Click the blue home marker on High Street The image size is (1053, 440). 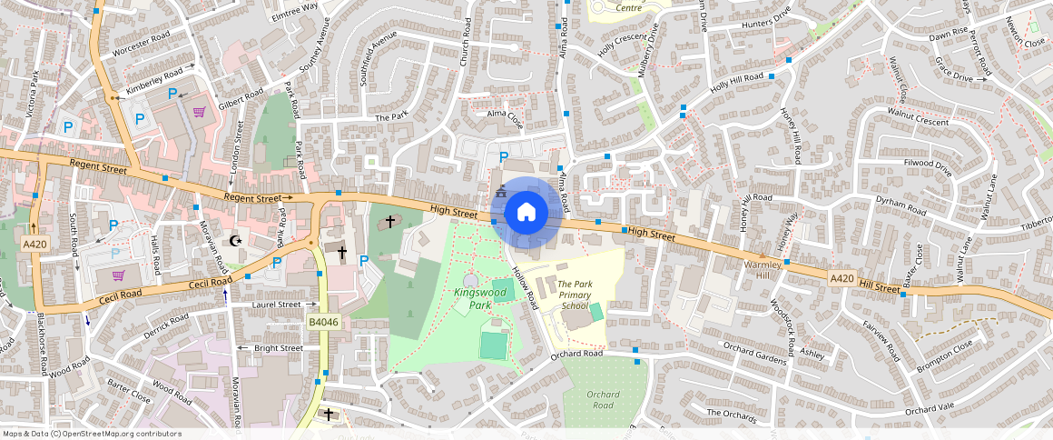pyautogui.click(x=526, y=213)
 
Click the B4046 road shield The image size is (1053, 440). pyautogui.click(x=322, y=322)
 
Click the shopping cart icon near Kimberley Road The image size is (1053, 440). pyautogui.click(x=198, y=113)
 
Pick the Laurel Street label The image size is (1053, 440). pyautogui.click(x=276, y=305)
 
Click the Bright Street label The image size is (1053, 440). pyautogui.click(x=279, y=348)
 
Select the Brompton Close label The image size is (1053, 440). pyautogui.click(x=944, y=355)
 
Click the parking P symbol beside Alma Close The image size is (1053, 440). pyautogui.click(x=504, y=157)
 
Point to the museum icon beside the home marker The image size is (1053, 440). pyautogui.click(x=499, y=193)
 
